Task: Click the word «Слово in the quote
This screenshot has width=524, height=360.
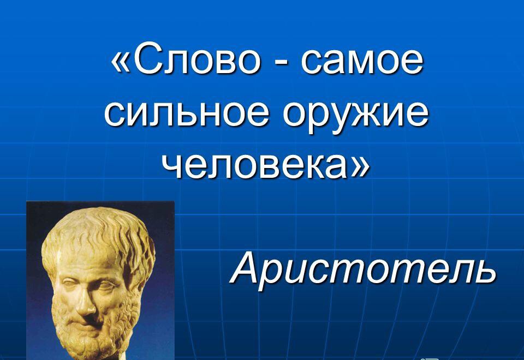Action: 186,61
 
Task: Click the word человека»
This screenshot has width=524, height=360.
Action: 266,166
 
